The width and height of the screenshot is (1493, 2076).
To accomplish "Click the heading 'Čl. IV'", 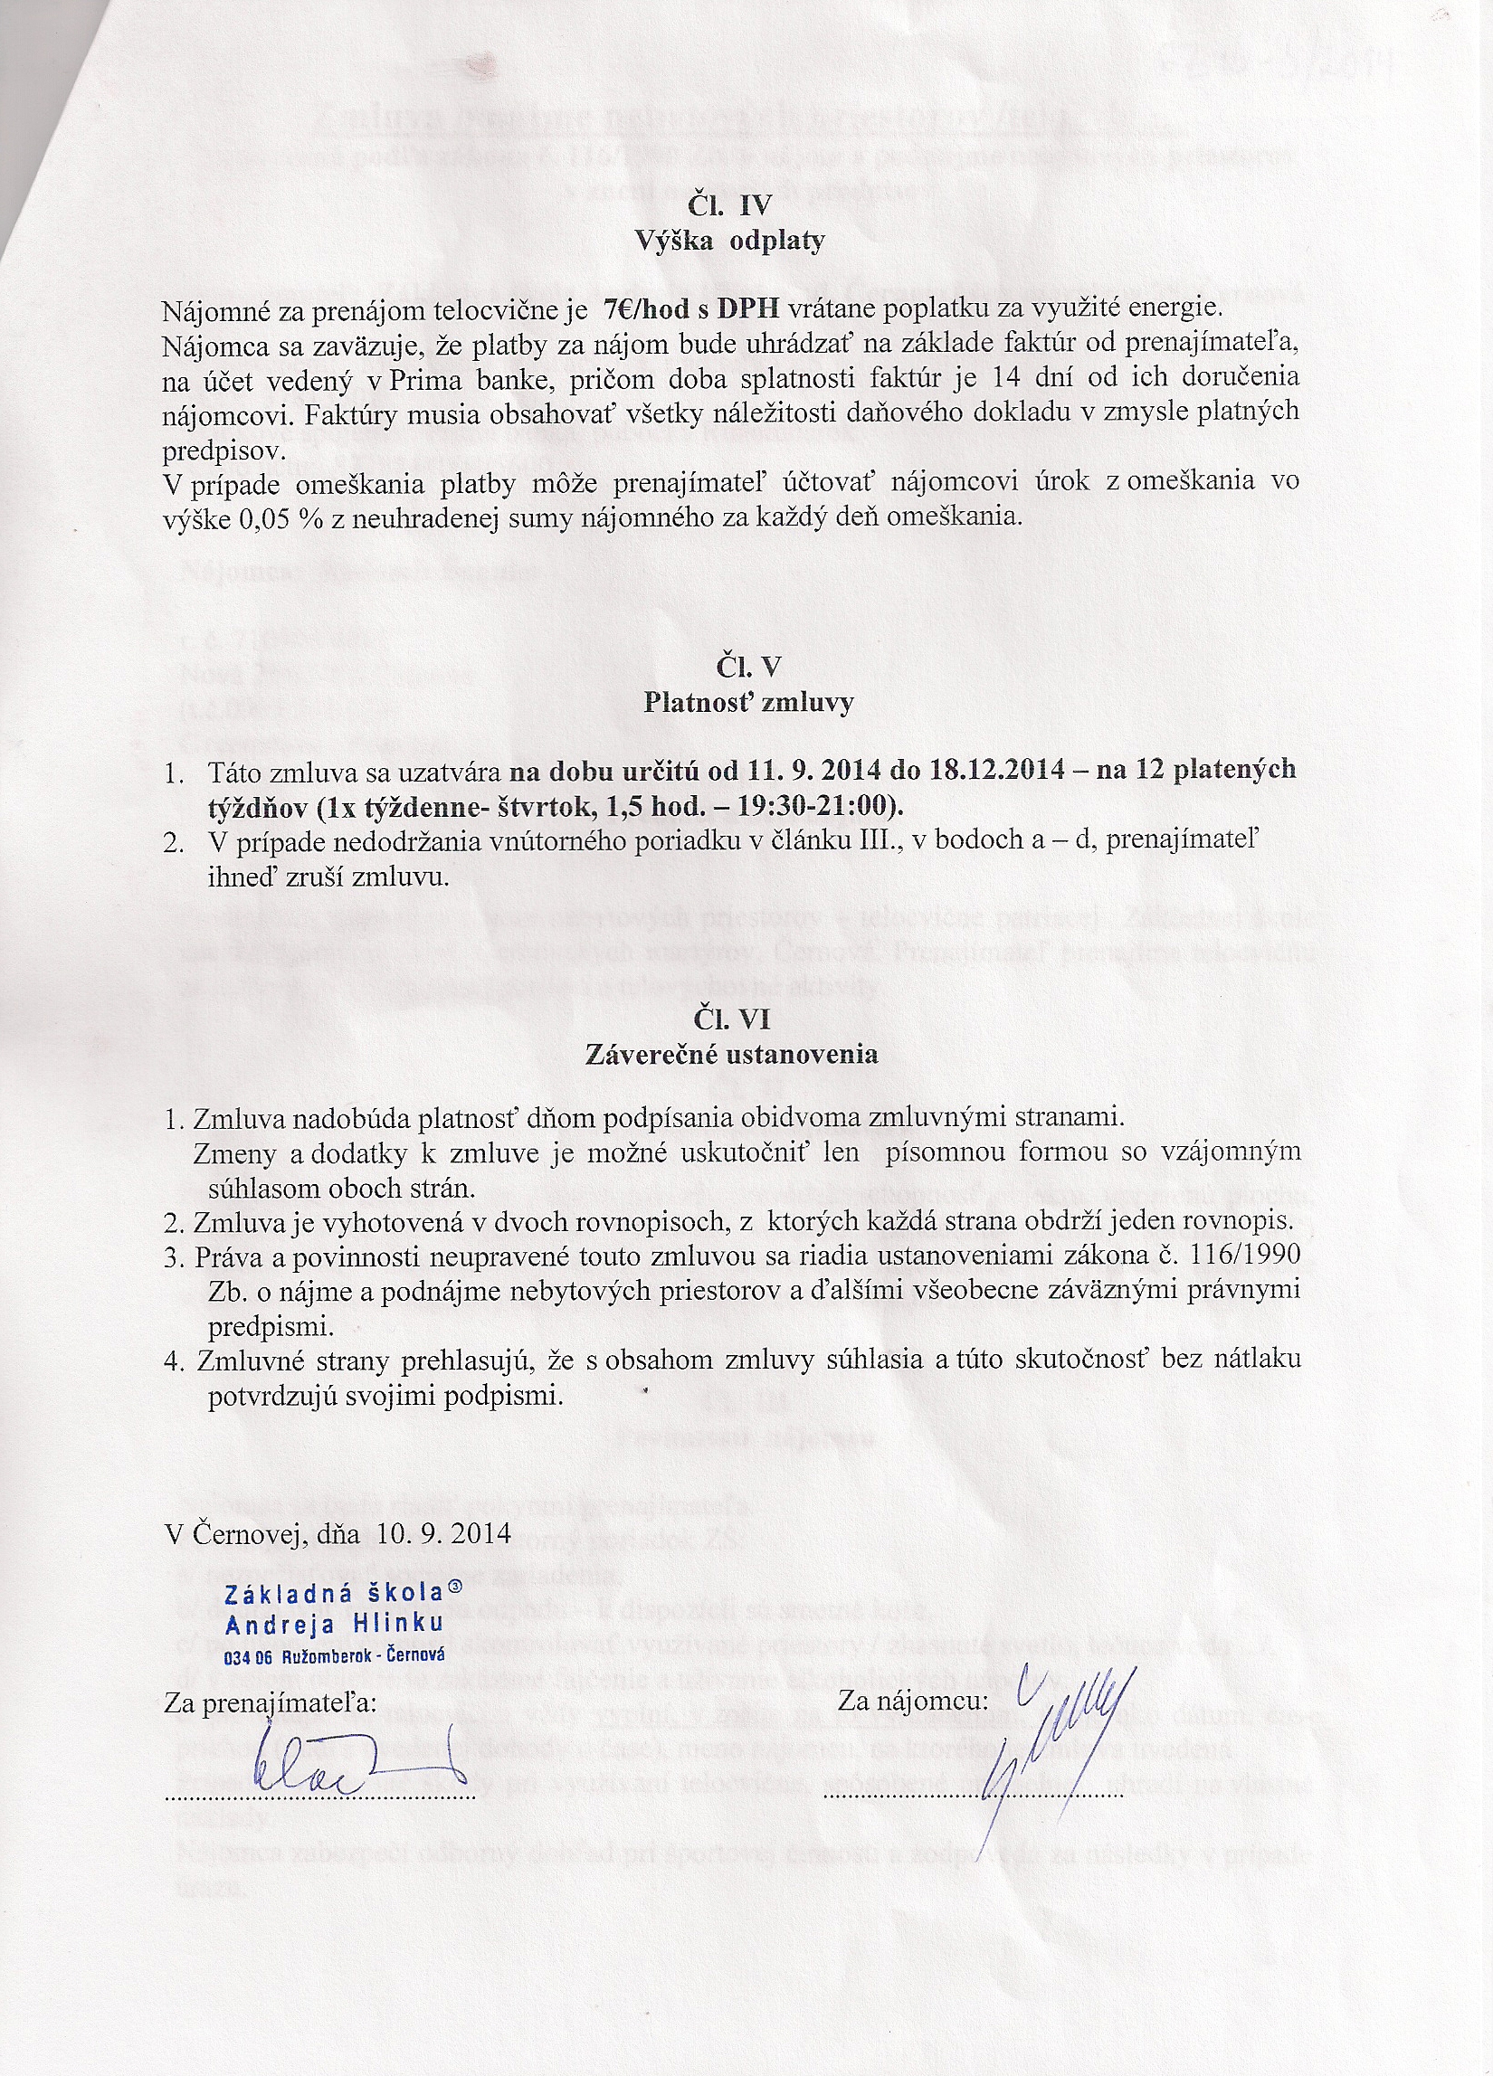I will pos(729,204).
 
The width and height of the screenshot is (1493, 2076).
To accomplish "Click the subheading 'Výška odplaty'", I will pos(729,241).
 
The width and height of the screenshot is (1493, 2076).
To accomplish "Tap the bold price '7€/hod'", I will pos(647,310).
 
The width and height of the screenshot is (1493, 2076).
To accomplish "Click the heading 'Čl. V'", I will pos(748,667).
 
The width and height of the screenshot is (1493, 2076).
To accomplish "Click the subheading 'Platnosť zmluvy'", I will pos(748,702).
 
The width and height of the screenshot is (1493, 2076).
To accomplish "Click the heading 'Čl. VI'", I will pos(730,1019).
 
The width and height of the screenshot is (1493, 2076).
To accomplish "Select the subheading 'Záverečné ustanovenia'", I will pos(730,1055).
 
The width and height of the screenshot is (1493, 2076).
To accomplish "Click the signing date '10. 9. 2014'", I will pos(443,1534).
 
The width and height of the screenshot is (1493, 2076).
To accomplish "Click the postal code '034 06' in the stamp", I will pos(250,1656).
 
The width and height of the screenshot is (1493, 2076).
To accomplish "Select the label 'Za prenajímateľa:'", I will pos(270,1702).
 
